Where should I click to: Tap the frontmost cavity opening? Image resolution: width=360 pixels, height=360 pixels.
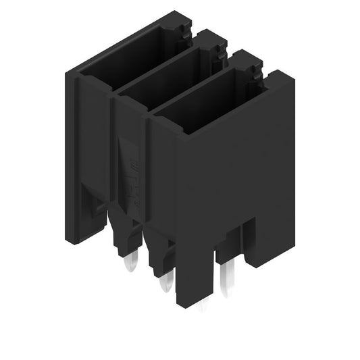coord(203,108)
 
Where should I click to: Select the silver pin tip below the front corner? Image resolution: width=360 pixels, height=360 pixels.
coord(203,308)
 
